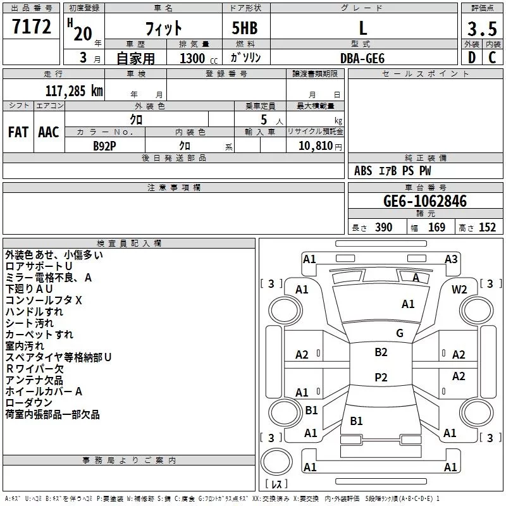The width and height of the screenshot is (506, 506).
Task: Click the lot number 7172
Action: pos(32,27)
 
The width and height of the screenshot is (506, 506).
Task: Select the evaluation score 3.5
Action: pos(482,29)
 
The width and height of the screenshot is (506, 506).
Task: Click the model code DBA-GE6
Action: pos(362,58)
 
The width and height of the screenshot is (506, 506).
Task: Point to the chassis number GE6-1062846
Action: pos(425,201)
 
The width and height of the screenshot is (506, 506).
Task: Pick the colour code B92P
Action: pos(105,145)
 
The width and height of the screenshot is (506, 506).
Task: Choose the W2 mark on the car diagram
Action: pos(459,289)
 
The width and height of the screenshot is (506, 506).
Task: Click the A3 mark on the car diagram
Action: pos(451,259)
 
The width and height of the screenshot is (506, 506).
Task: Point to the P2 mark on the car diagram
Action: pos(381,378)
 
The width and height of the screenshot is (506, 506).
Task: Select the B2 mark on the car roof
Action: pos(381,352)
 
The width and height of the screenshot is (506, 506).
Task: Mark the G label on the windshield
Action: pos(400,333)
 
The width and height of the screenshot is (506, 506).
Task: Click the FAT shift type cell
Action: pos(18,132)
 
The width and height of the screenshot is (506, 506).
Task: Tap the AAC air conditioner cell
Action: pos(49,132)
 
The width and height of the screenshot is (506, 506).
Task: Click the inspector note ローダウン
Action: pos(29,403)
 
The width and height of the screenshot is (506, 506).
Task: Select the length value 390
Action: pos(383,228)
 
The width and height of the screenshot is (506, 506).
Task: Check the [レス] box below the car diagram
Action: pos(276,485)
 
